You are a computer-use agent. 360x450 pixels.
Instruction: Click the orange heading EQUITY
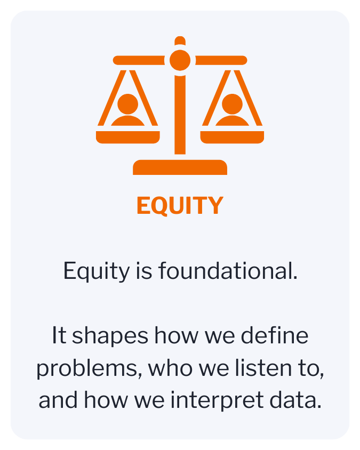tap(180, 206)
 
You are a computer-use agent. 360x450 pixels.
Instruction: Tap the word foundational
tap(227, 271)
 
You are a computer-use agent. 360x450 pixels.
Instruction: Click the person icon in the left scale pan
tap(128, 109)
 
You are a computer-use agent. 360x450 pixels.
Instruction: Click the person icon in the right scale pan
tap(232, 109)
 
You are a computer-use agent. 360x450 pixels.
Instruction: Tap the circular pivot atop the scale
tap(180, 60)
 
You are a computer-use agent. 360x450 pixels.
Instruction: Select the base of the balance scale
tap(180, 167)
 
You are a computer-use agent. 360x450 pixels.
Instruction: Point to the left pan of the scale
tap(128, 136)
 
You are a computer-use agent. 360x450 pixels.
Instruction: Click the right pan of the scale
tap(232, 136)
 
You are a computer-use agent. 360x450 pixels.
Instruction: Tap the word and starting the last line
tap(55, 400)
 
